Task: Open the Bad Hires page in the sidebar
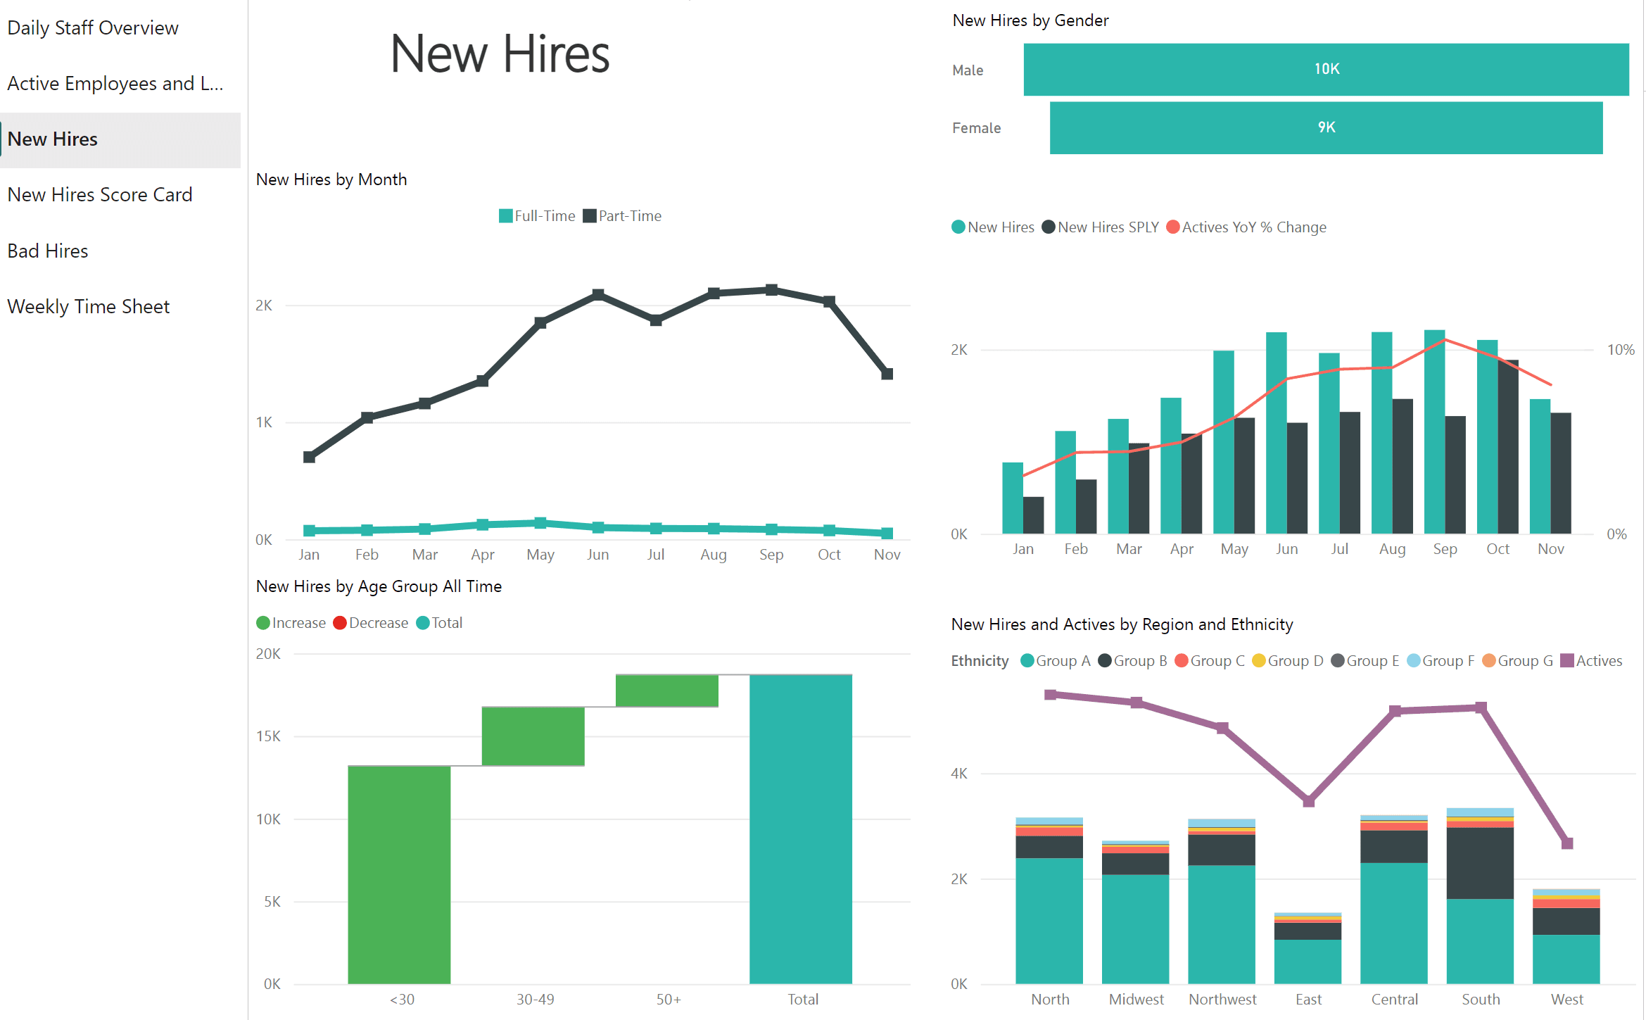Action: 48,251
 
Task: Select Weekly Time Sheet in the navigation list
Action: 88,306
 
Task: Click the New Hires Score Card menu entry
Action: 99,194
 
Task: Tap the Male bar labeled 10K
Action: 1325,69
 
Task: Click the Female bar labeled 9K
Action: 1325,127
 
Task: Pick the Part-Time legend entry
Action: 622,216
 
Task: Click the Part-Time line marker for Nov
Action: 887,374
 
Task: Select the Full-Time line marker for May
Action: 540,523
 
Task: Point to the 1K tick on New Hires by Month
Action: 264,422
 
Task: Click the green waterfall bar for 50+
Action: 666,691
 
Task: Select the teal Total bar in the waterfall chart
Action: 800,829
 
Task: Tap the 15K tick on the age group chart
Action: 268,736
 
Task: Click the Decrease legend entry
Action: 371,623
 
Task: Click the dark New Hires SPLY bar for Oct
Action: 1507,447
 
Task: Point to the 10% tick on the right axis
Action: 1619,350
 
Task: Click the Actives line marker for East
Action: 1308,801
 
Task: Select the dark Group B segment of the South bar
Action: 1479,863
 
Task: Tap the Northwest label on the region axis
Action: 1222,999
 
